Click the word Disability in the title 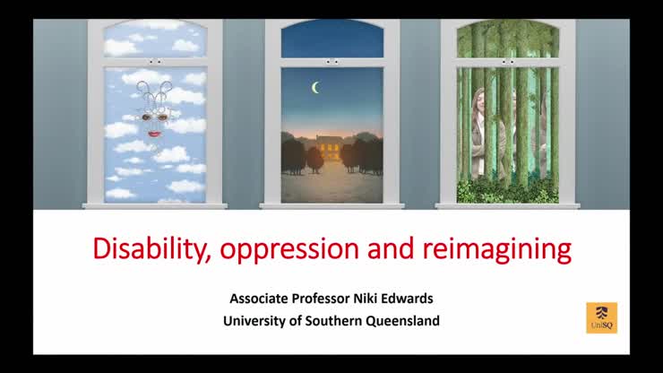point(144,248)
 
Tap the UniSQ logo point(601,317)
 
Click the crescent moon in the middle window point(315,87)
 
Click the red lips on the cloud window point(154,133)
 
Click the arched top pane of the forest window point(508,39)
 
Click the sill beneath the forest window point(507,205)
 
